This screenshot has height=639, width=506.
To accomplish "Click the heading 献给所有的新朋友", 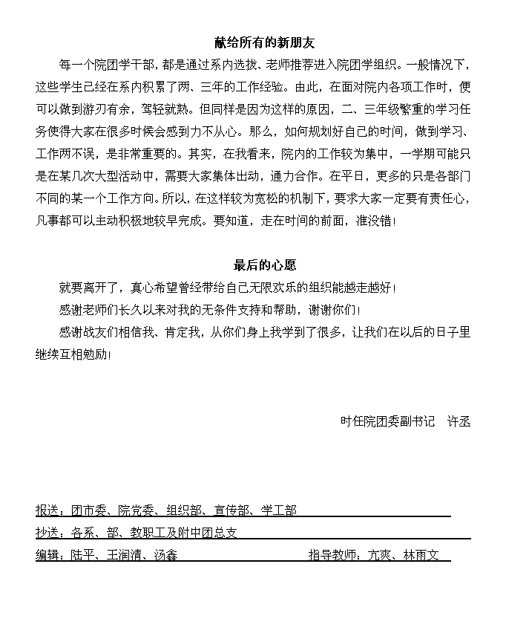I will point(265,44).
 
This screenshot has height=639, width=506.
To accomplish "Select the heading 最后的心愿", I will point(265,265).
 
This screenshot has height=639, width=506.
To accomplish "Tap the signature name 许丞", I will point(459,421).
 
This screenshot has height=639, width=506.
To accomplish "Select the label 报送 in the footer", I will point(47,510).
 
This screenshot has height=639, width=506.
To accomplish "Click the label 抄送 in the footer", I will point(47,533).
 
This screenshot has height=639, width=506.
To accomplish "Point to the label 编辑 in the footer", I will point(47,555).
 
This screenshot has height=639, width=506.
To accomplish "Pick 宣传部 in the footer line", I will point(231,510).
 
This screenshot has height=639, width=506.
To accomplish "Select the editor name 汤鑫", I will point(165,555).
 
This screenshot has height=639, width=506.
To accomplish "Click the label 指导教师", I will point(332,555).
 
